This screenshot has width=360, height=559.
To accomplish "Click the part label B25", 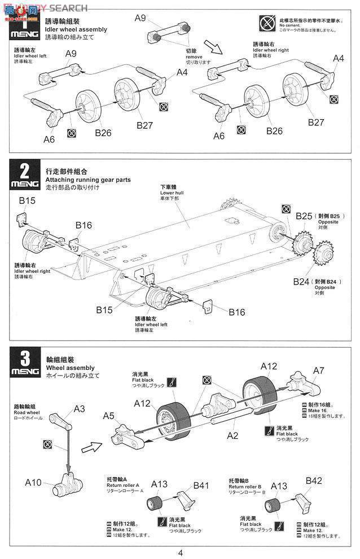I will coord(304,216).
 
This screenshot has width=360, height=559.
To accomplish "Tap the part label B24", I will coord(301,281).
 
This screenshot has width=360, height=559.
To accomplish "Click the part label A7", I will coord(319,370).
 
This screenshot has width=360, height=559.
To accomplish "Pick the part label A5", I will coord(109,416).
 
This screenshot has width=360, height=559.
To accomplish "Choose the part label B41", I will coord(201,484).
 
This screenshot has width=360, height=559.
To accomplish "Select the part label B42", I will coord(314,481).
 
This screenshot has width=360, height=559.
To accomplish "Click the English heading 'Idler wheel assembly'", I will coord(76,29).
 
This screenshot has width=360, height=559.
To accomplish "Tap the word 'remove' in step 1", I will coord(194,56).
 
